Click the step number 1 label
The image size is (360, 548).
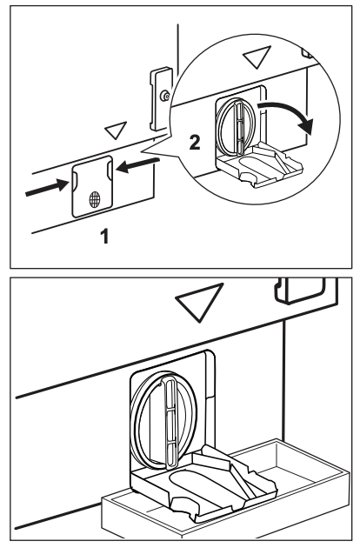pyautogui.click(x=105, y=236)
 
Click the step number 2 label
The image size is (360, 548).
pyautogui.click(x=195, y=143)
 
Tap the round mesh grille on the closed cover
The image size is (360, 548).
pyautogui.click(x=95, y=199)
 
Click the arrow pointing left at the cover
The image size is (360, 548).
pyautogui.click(x=138, y=165)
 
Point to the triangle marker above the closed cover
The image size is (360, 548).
pyautogui.click(x=116, y=130)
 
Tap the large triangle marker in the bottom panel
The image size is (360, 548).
pyautogui.click(x=200, y=301)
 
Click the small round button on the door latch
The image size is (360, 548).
pyautogui.click(x=164, y=96)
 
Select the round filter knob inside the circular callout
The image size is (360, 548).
pyautogui.click(x=235, y=127)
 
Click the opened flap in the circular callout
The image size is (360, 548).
pyautogui.click(x=258, y=165)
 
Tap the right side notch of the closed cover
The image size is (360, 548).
pyautogui.click(x=110, y=169)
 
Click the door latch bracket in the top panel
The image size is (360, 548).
pyautogui.click(x=161, y=98)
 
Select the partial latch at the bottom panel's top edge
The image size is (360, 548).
pyautogui.click(x=301, y=291)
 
